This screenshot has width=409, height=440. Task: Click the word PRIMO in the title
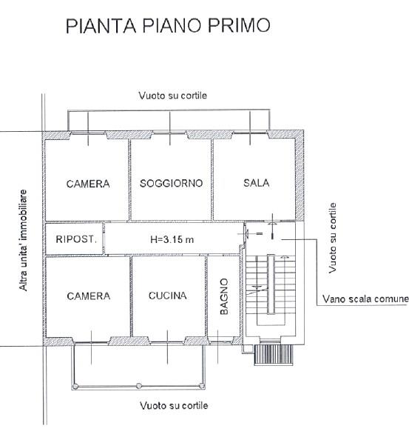pyautogui.click(x=239, y=25)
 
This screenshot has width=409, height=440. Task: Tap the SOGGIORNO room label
pyautogui.click(x=171, y=183)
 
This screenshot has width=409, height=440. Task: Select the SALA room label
pyautogui.click(x=257, y=183)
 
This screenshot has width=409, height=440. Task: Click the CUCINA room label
pyautogui.click(x=168, y=296)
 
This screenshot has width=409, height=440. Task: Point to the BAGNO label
pyautogui.click(x=224, y=296)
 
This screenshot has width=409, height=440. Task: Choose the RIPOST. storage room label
pyautogui.click(x=76, y=239)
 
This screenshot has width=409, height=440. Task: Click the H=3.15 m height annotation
pyautogui.click(x=172, y=239)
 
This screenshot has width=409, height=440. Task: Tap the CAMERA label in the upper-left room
pyautogui.click(x=88, y=184)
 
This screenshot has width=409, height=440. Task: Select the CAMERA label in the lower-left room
pyautogui.click(x=89, y=296)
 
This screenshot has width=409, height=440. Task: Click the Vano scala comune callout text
pyautogui.click(x=365, y=299)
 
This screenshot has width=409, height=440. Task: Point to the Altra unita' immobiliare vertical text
pyautogui.click(x=23, y=240)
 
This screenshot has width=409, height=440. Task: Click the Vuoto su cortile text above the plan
pyautogui.click(x=173, y=96)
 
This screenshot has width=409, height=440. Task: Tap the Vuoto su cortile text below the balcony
pyautogui.click(x=174, y=405)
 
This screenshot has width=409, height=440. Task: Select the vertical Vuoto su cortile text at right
pyautogui.click(x=332, y=238)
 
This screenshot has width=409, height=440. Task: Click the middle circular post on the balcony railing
pyautogui.click(x=138, y=386)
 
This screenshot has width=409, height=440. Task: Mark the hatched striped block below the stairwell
pyautogui.click(x=274, y=355)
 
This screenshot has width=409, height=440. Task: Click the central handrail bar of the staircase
pyautogui.click(x=271, y=284)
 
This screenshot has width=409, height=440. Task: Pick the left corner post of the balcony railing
pyautogui.click(x=75, y=387)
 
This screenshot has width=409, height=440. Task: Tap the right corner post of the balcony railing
pyautogui.click(x=202, y=386)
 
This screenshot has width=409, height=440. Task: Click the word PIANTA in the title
pyautogui.click(x=101, y=25)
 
